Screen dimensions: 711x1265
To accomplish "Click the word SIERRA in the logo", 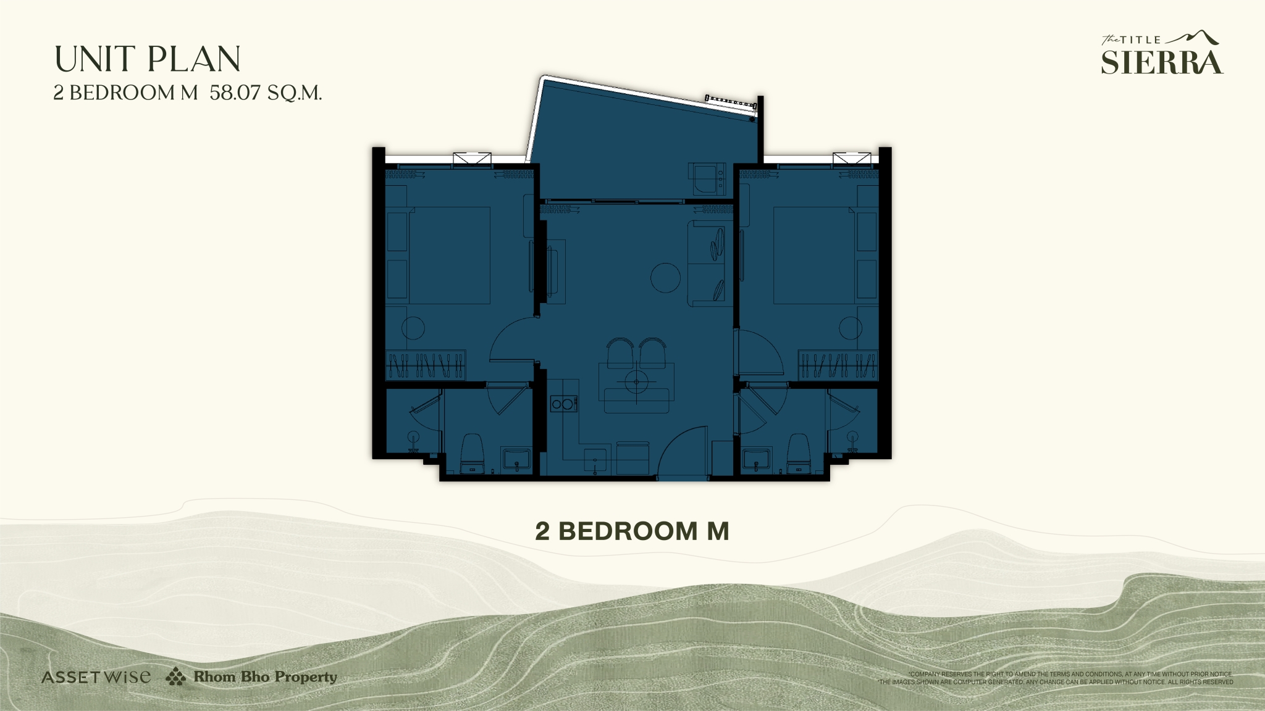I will (x=1161, y=62).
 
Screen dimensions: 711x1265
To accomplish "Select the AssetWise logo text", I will (x=96, y=677).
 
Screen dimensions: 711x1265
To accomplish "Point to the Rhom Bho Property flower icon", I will (x=175, y=676).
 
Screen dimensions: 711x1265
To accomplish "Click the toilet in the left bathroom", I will (x=472, y=451).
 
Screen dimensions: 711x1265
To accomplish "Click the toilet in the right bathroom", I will (x=798, y=451).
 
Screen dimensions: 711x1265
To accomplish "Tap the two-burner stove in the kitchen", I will (x=563, y=404).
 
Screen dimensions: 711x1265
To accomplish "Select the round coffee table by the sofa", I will (x=665, y=277).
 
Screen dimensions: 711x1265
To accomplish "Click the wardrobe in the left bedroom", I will (x=426, y=365).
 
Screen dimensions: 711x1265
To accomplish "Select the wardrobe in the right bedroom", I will (x=838, y=365).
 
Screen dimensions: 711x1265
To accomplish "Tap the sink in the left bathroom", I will (x=516, y=459).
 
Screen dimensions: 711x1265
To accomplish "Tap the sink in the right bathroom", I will (x=755, y=459).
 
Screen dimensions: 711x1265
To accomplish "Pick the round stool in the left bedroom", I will (x=413, y=328).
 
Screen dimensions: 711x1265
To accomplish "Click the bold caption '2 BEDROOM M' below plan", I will (x=632, y=531).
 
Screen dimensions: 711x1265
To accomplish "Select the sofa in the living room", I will (x=707, y=264).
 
